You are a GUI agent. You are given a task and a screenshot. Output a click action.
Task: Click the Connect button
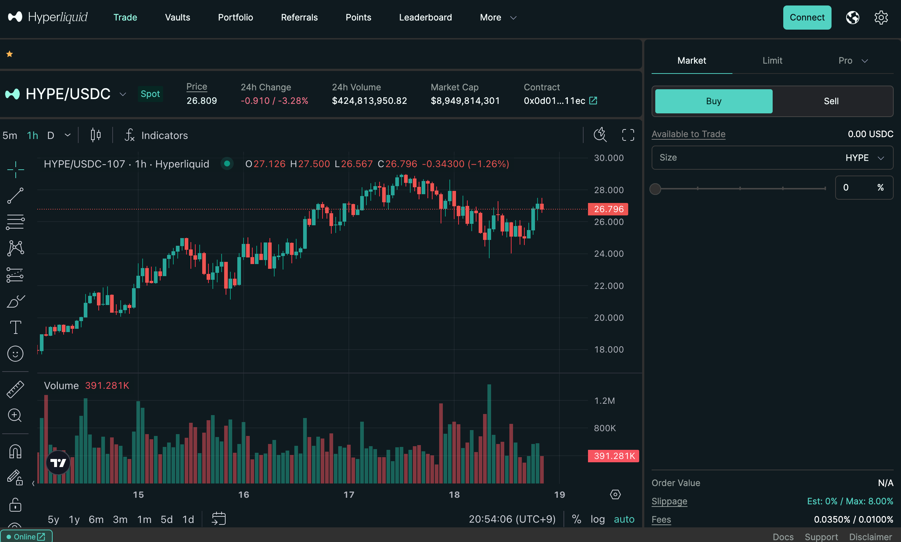pos(807,18)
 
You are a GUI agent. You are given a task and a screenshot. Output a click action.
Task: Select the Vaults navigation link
pos(177,18)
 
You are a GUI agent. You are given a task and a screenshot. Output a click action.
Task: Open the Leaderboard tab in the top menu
pos(425,18)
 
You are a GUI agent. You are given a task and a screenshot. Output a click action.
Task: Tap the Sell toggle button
pos(831,101)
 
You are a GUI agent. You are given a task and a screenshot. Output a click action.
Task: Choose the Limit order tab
pos(772,61)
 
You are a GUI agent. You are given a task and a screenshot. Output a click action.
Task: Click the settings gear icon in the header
pos(881,18)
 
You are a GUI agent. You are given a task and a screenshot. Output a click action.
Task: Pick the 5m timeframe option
pos(10,136)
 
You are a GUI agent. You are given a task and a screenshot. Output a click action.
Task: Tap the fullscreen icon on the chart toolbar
pos(628,135)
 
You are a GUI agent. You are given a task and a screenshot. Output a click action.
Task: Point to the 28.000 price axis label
pos(609,190)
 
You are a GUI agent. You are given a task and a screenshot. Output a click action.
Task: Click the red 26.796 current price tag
pos(608,209)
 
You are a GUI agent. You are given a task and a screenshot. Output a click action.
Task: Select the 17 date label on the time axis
pos(349,495)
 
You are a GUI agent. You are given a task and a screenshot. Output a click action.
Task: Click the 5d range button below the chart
pos(166,520)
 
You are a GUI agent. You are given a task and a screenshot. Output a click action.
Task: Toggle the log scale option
pos(597,520)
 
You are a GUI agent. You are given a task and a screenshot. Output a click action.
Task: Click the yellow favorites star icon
pos(10,54)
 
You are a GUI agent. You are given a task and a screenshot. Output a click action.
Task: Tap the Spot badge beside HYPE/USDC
pos(150,94)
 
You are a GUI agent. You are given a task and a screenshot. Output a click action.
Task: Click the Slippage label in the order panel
pos(669,501)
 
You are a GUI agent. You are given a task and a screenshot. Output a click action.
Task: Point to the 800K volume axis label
pos(605,428)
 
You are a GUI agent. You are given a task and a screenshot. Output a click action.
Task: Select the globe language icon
pos(852,18)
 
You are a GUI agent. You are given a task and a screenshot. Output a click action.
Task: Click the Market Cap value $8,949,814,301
pos(465,101)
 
